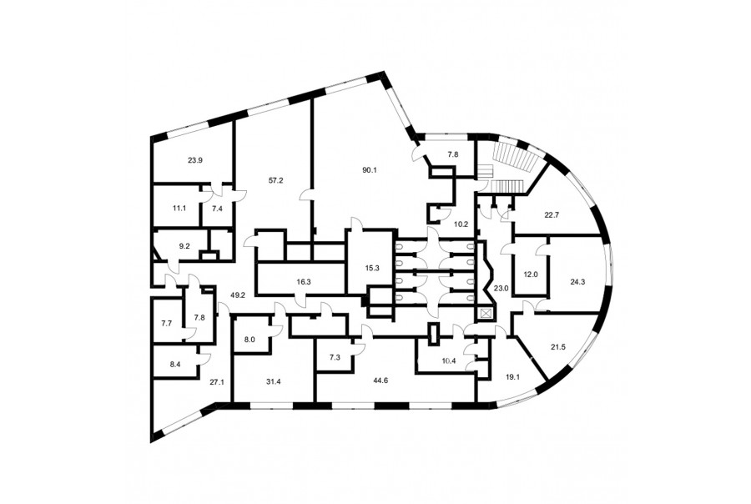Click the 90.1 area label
[370, 169]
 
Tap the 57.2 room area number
[276, 180]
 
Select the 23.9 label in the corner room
[195, 160]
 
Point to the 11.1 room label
[179, 209]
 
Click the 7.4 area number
[217, 209]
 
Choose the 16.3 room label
[303, 282]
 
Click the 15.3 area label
[371, 269]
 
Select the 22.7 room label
[552, 215]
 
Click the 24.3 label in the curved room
[577, 282]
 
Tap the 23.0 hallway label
[501, 289]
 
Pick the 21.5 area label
[558, 347]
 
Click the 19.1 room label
[512, 377]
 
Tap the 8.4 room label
[175, 364]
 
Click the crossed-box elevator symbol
[486, 315]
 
